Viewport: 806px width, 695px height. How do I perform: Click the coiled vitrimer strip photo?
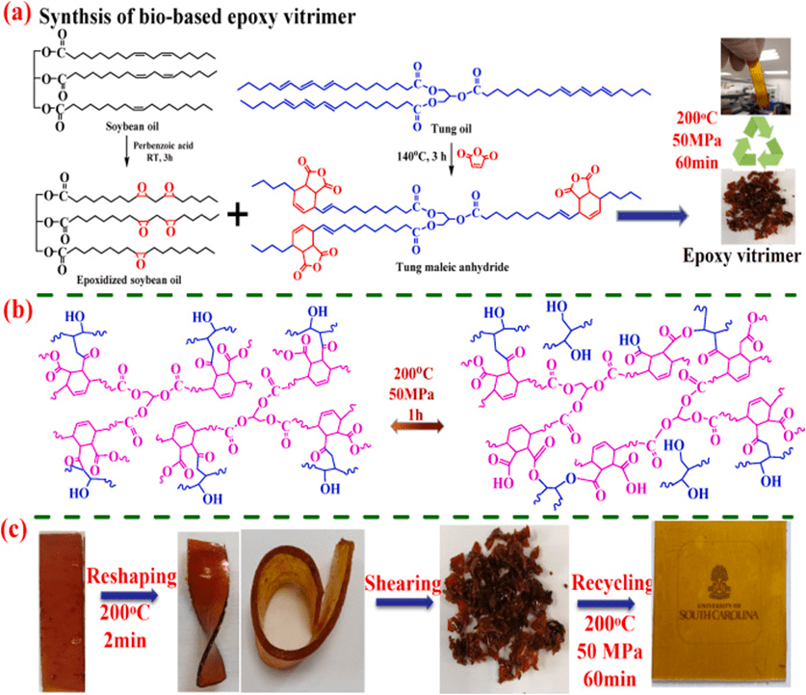pyautogui.click(x=295, y=608)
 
